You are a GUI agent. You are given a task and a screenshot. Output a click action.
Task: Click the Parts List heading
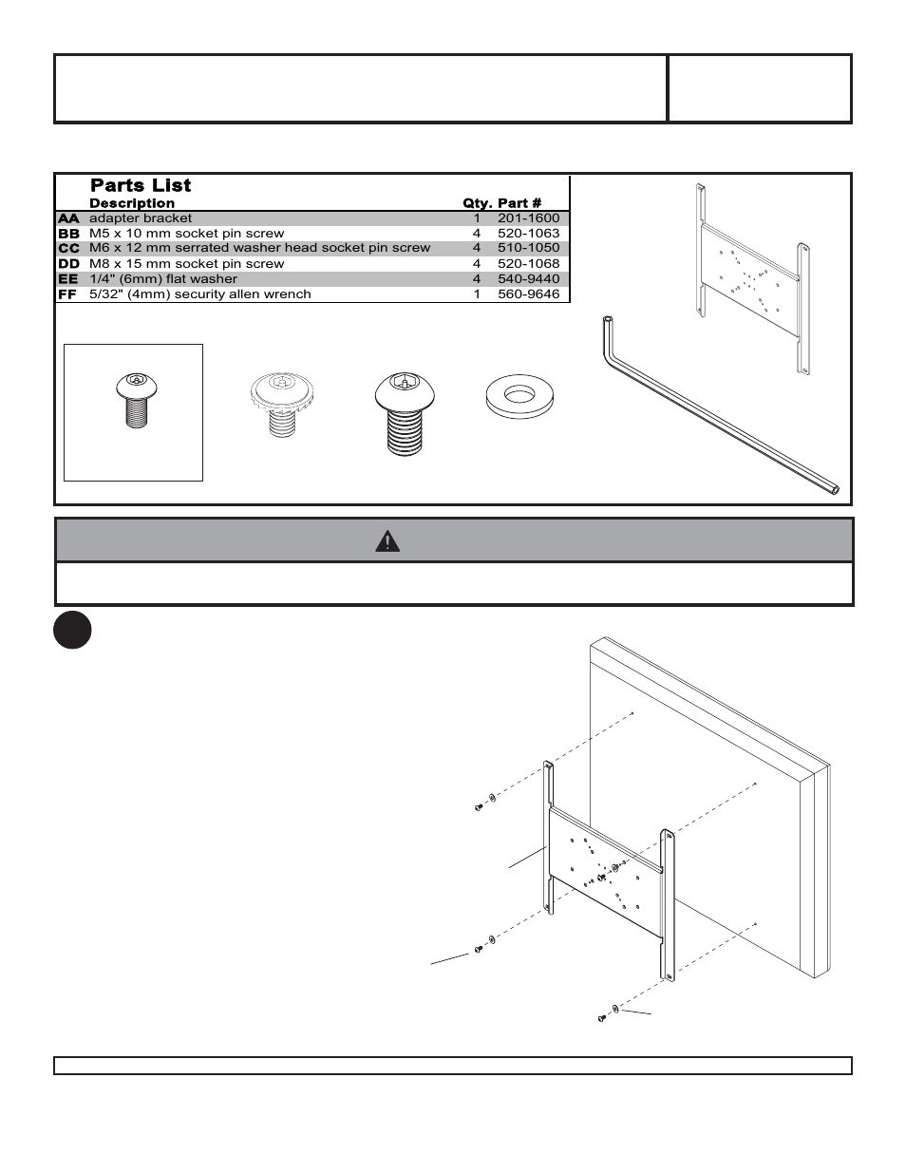[141, 185]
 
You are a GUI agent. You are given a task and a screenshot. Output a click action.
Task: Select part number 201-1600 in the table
[528, 218]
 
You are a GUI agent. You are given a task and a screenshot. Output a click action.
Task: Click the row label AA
[68, 218]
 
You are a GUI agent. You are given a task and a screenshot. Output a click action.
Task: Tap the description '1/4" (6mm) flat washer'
[162, 279]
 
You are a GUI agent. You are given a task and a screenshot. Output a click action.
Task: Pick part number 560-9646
[528, 294]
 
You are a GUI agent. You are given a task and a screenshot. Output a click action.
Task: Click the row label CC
[68, 248]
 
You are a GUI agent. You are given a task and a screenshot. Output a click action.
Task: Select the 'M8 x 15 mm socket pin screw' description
[186, 264]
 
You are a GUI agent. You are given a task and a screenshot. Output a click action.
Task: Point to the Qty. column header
[477, 203]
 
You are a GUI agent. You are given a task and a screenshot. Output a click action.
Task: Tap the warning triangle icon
[387, 541]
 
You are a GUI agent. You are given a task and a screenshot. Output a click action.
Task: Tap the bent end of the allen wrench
[608, 329]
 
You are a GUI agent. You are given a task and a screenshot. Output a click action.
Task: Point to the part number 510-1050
[528, 248]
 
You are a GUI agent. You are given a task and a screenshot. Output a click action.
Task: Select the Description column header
[132, 203]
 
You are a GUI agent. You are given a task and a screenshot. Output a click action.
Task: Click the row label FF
[68, 294]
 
